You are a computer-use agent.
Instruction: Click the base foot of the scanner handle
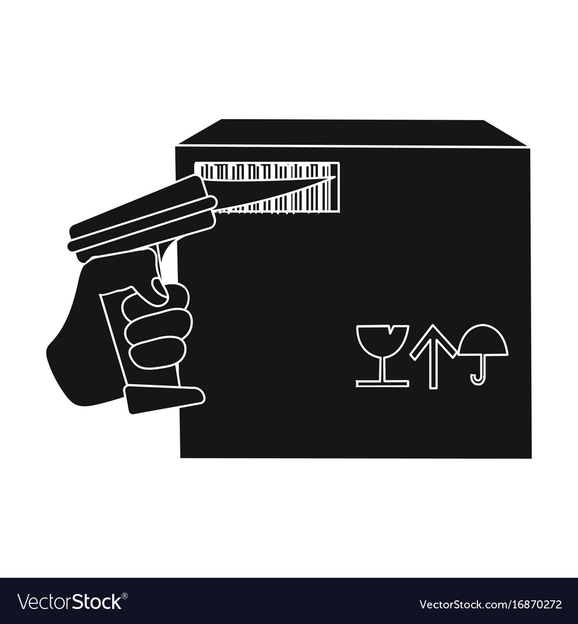point(164,399)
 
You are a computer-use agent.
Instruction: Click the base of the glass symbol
point(382,383)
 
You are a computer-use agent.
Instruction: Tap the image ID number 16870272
point(531,605)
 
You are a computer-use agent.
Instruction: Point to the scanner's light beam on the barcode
point(272,196)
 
